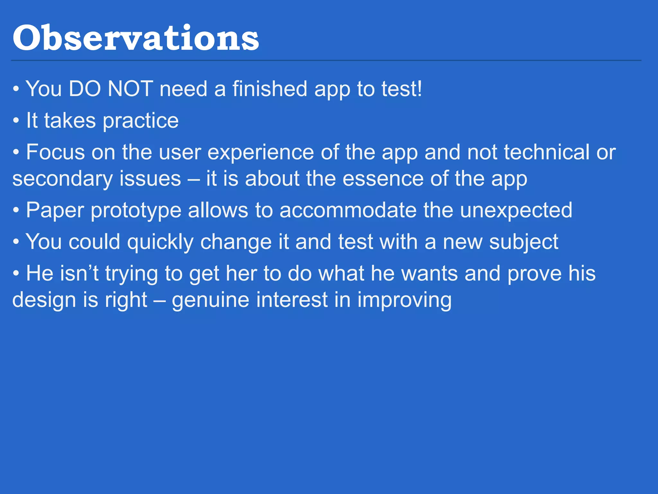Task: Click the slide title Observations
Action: [x=136, y=38]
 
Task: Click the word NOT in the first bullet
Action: [x=130, y=89]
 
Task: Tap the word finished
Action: [x=270, y=89]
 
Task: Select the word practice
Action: [x=140, y=121]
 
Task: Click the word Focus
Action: [x=55, y=152]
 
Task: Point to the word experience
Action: [x=261, y=153]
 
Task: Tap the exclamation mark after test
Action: [x=419, y=89]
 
